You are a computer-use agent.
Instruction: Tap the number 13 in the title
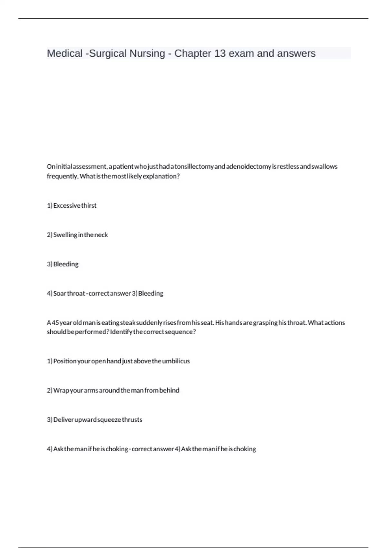(220, 53)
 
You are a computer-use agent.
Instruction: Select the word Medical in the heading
(65, 53)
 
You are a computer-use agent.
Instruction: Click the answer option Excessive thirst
(75, 206)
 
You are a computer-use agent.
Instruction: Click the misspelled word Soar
(60, 294)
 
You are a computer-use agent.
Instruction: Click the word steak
(128, 323)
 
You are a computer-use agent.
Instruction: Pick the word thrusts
(132, 420)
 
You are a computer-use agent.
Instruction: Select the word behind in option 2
(169, 391)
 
